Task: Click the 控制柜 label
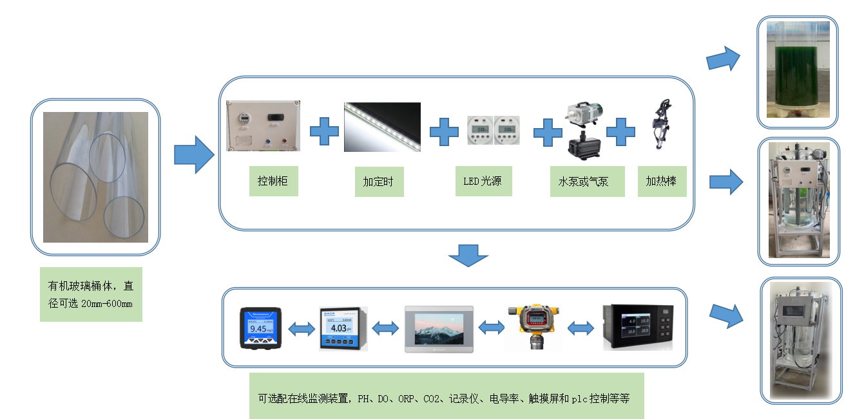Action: (x=273, y=182)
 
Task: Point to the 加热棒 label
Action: (x=662, y=182)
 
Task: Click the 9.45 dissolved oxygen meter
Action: (x=260, y=328)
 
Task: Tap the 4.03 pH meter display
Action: (x=342, y=328)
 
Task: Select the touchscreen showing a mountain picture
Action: (x=439, y=328)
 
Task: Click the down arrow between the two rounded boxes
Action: (x=468, y=255)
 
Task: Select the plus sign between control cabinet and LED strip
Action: (x=323, y=131)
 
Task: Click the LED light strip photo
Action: (x=382, y=127)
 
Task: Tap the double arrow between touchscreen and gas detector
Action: (x=492, y=328)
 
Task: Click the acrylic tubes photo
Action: (x=95, y=177)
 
